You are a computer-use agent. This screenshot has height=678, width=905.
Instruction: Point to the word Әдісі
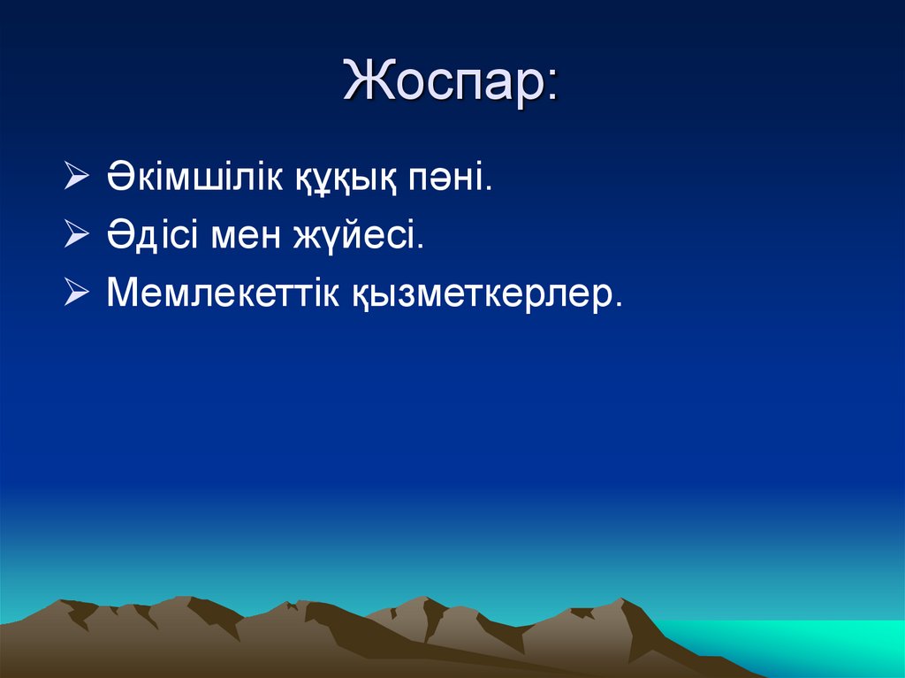(153, 236)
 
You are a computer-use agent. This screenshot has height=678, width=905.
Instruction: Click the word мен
(242, 237)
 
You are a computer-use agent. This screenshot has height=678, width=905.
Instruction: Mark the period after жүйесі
(421, 247)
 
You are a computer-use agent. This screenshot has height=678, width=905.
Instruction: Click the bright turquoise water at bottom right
(795, 645)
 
